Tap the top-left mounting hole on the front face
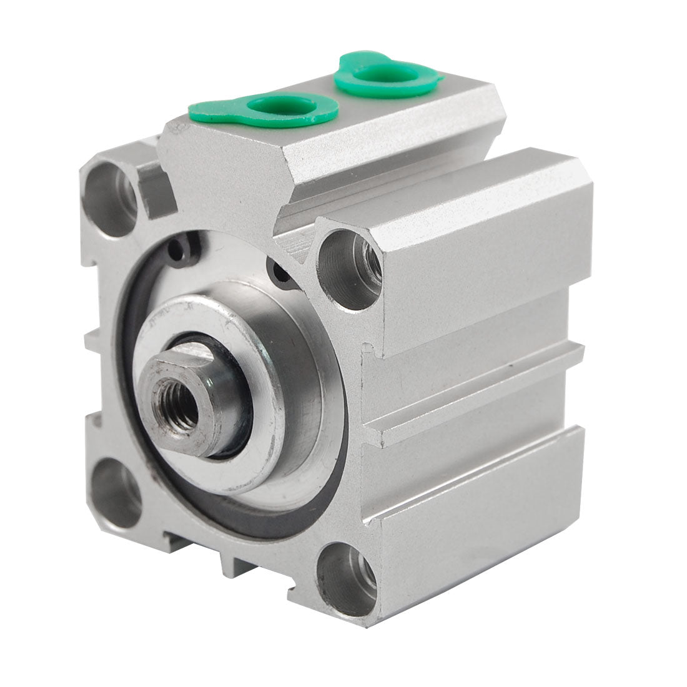[x=111, y=197]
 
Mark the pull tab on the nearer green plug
[x=206, y=112]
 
